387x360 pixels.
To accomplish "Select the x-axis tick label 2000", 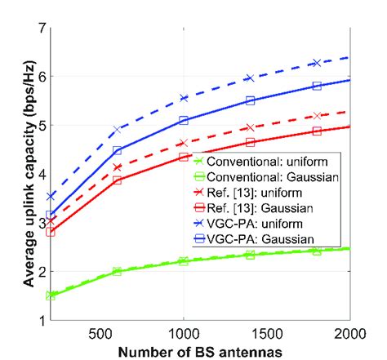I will pos(349,333).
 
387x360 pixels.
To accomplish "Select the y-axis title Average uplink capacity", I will pos(15,173).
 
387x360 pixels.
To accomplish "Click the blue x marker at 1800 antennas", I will pos(316,63).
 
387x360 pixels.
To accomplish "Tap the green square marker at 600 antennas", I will pos(117,271).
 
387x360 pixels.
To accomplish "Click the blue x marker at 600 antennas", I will pos(117,129).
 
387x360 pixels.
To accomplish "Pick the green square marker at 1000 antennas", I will pos(183,261).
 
